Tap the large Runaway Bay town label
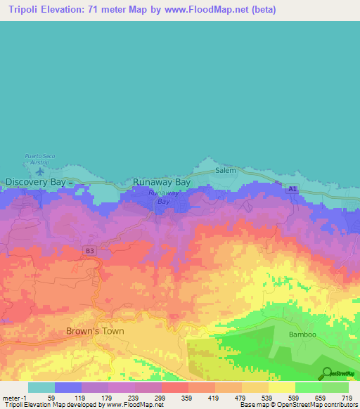point(162,182)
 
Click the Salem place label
point(226,171)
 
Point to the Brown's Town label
point(95,331)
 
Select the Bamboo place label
point(304,335)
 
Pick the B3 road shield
point(89,250)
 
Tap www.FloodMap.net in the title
point(213,10)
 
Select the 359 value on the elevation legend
point(188,397)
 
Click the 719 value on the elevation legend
point(347,397)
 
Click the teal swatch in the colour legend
point(41,387)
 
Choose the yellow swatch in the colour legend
point(281,387)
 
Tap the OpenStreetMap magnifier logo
point(326,373)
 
